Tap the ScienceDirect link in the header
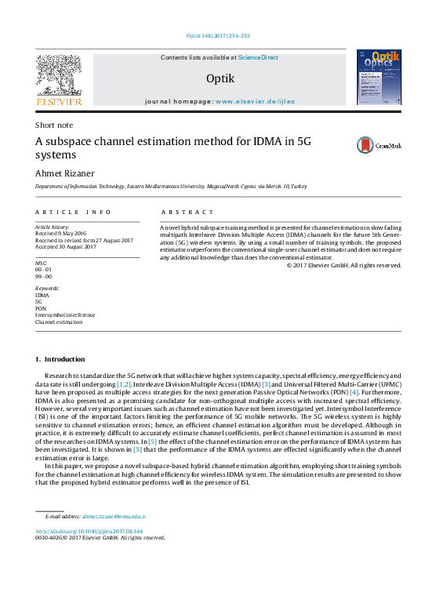[x=258, y=58]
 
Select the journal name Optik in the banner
[x=220, y=78]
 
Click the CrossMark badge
[x=379, y=145]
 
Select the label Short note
[x=54, y=125]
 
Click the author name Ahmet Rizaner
[x=64, y=173]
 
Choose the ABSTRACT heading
[x=187, y=213]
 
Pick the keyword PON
[x=41, y=308]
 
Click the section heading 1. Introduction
[x=60, y=359]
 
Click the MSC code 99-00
[x=44, y=277]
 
